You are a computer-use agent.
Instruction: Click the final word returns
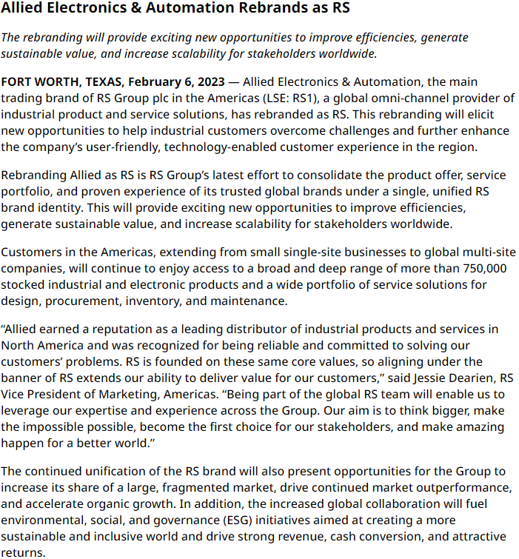click(23, 552)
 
